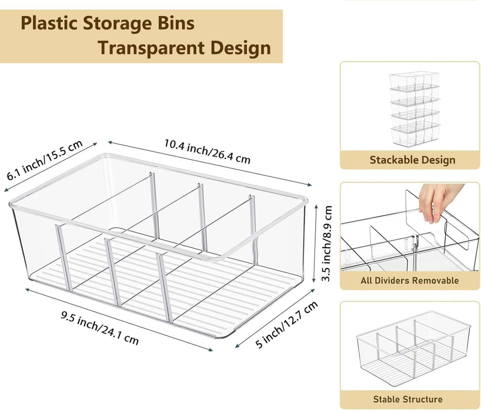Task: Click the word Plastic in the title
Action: [x=48, y=23]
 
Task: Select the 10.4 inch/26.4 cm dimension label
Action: [x=207, y=151]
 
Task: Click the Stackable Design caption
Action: [x=412, y=160]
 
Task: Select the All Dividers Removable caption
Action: [x=410, y=280]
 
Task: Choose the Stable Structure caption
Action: [x=408, y=399]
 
